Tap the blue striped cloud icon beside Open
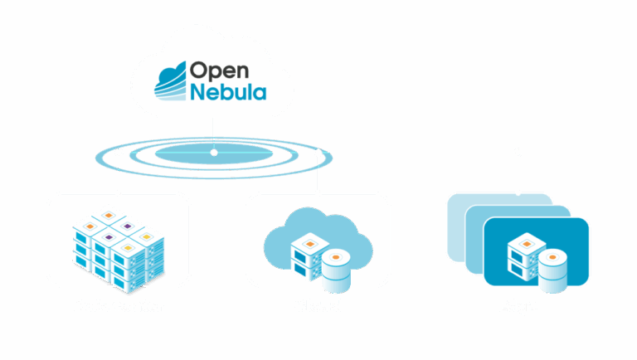coord(173,80)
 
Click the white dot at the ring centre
coord(214,153)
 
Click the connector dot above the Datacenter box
coord(119,153)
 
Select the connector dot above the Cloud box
coord(319,153)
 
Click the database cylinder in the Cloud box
coord(335,270)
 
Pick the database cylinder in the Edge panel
coord(552,270)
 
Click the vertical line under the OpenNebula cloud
coord(214,133)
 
